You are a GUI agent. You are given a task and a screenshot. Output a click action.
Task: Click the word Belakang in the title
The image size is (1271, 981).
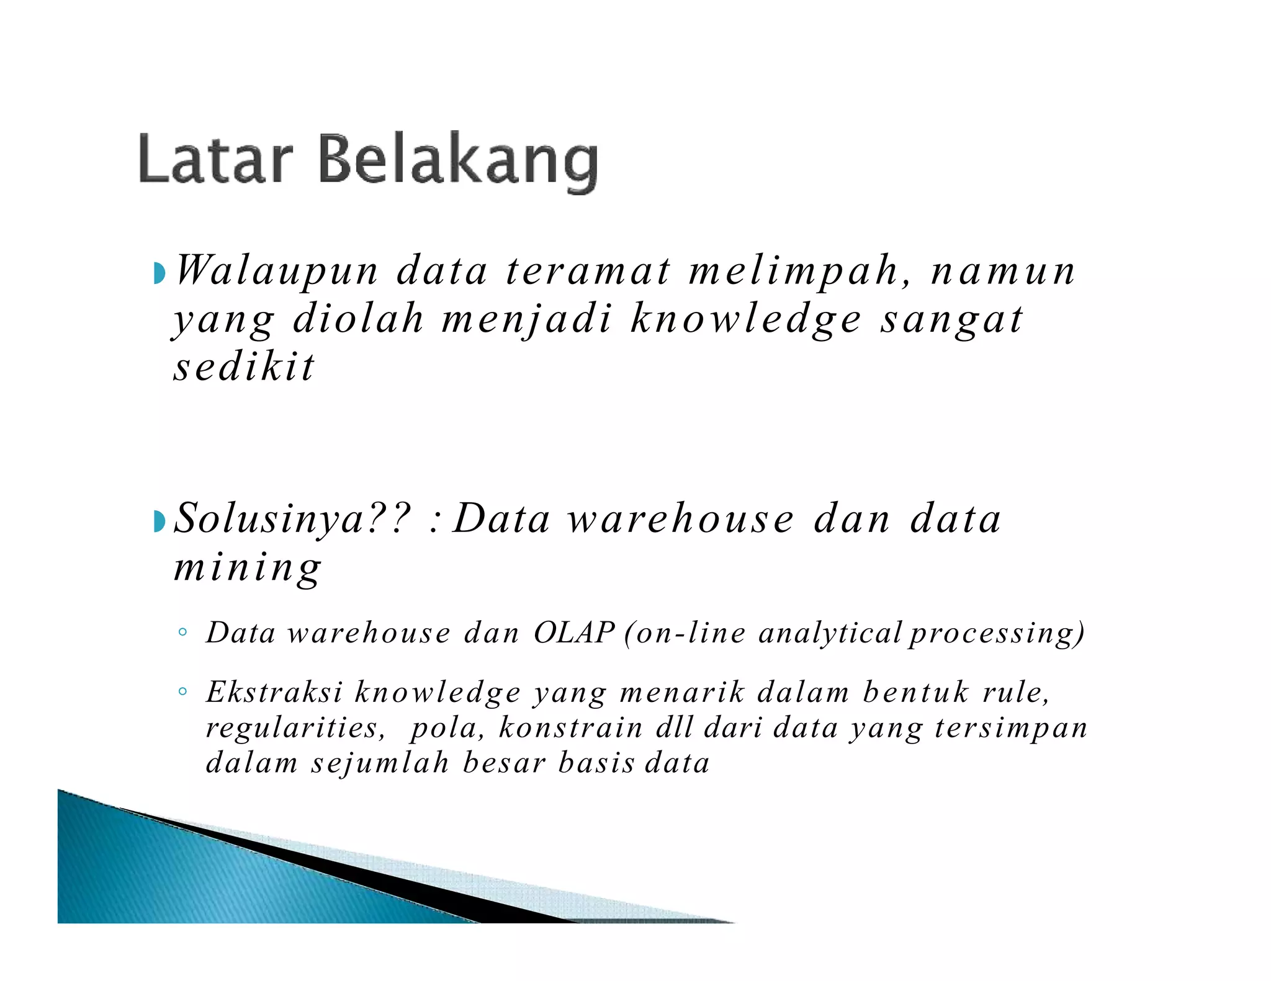pyautogui.click(x=459, y=161)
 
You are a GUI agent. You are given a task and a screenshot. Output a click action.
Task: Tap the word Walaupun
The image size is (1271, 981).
pyautogui.click(x=277, y=271)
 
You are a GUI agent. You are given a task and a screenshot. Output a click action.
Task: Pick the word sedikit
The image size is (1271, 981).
pyautogui.click(x=245, y=367)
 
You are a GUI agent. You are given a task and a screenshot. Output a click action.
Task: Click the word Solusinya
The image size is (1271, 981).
pyautogui.click(x=292, y=519)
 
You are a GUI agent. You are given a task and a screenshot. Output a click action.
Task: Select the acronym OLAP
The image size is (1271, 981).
pyautogui.click(x=573, y=633)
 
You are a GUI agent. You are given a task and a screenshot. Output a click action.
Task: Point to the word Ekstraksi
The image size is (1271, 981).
pyautogui.click(x=274, y=693)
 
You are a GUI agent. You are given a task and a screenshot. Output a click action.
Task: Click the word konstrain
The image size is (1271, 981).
pyautogui.click(x=570, y=727)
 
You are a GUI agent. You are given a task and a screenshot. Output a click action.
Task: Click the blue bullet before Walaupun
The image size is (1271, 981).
pyautogui.click(x=159, y=273)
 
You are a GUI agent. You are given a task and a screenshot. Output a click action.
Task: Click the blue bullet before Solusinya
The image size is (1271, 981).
pyautogui.click(x=159, y=522)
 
